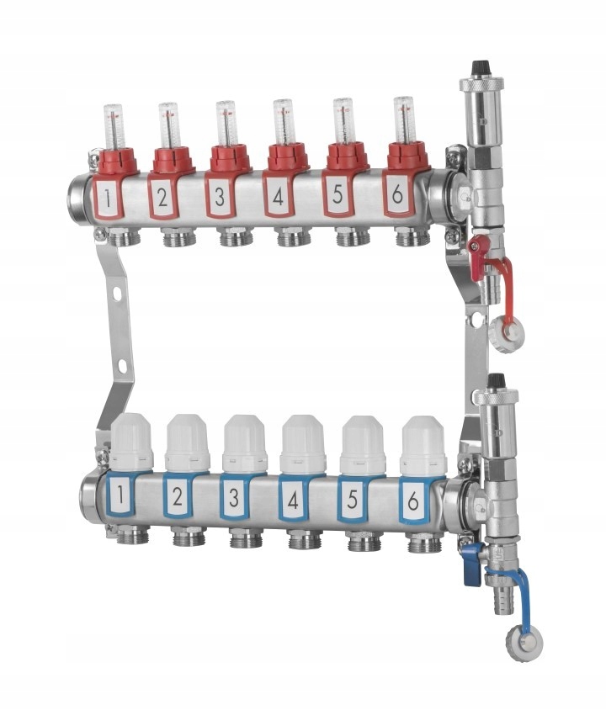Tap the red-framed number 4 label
click(278, 196)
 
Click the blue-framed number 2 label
click(178, 496)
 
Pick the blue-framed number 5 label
click(352, 500)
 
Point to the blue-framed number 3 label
click(234, 497)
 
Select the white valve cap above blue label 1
click(132, 441)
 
